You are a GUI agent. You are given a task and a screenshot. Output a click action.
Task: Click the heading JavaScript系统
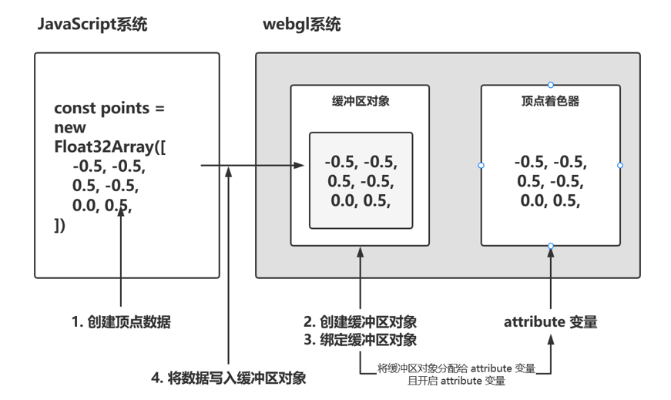(92, 25)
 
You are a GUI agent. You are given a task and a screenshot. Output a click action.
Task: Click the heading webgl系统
(301, 25)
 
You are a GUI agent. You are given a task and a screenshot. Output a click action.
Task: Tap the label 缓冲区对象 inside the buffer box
(360, 101)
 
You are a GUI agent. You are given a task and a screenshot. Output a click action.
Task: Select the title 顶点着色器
(550, 101)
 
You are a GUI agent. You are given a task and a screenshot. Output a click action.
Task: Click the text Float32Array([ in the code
(109, 146)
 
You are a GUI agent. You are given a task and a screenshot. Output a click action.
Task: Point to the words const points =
(109, 109)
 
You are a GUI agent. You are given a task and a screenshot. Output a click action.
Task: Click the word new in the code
(70, 127)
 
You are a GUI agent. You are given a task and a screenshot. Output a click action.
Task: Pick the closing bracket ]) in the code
(60, 225)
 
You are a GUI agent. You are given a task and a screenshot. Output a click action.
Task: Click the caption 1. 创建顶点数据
(121, 322)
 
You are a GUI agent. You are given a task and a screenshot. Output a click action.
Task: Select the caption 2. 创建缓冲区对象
(360, 322)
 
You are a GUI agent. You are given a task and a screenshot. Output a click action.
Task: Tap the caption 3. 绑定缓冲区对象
(360, 340)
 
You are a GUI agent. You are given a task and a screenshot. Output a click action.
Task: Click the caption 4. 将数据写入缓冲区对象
(229, 378)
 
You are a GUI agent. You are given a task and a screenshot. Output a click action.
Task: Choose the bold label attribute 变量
(550, 322)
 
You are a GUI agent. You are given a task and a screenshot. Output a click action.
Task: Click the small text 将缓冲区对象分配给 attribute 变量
(456, 368)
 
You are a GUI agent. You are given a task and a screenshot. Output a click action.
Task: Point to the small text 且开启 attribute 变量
(457, 380)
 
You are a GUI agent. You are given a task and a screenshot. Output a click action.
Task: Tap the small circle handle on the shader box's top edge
(550, 85)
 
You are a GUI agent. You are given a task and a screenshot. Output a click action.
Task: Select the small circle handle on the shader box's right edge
(620, 166)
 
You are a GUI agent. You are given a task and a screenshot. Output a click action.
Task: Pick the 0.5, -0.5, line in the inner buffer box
(361, 182)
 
